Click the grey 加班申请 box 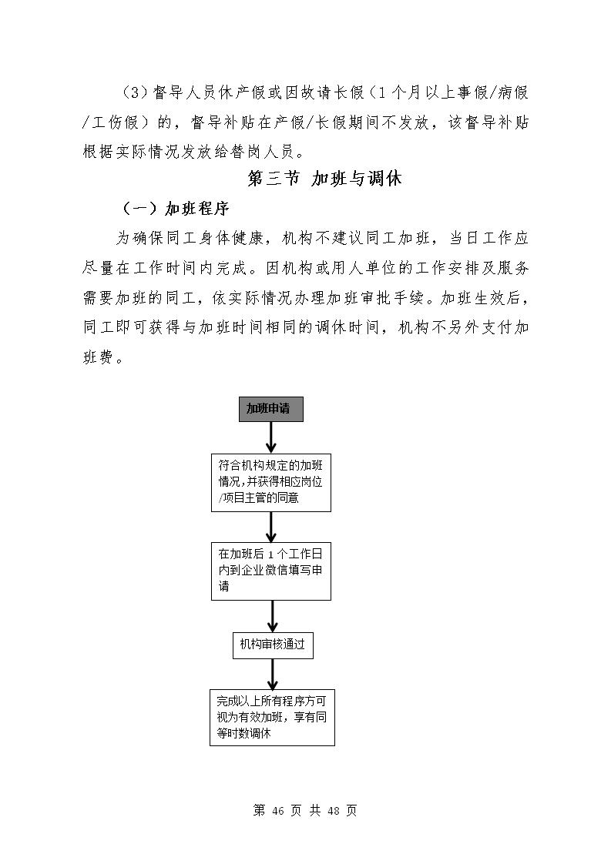click(270, 409)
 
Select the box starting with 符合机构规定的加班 click(270, 483)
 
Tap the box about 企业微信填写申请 click(270, 571)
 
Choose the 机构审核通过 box click(273, 645)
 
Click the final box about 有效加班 click(273, 718)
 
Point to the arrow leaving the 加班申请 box click(270, 437)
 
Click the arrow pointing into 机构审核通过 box click(273, 615)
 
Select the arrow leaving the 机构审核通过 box click(273, 673)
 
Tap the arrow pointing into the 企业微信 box click(270, 527)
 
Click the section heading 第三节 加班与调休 click(324, 179)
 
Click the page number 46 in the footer click(278, 811)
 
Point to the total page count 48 click(333, 811)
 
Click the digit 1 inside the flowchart click(270, 555)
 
